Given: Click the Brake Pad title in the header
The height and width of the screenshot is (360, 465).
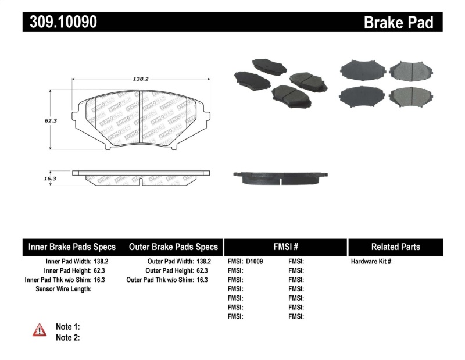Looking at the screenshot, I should point(398,23).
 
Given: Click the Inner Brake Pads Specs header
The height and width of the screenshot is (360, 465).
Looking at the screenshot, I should point(72,247).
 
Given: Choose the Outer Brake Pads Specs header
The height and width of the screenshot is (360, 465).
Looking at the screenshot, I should point(173,247).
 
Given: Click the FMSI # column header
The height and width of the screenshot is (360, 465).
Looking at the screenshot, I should point(285,247).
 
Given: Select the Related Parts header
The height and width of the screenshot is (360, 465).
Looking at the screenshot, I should point(395,247).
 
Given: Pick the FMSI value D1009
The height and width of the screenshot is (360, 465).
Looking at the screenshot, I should point(255,262).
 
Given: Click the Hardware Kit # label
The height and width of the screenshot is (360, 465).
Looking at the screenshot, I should point(371,262).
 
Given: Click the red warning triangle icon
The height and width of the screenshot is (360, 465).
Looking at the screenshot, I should point(39,330).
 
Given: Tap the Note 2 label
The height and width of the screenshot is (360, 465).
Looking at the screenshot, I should point(67,337).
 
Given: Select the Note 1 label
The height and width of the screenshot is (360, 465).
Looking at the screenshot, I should point(67,327).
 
